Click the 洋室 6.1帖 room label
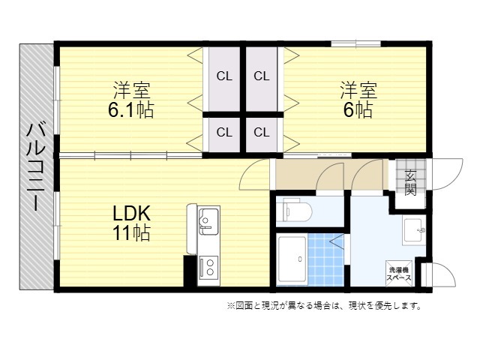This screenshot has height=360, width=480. tap(131, 100)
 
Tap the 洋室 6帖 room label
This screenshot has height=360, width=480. tap(358, 100)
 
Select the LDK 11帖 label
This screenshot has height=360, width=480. tap(132, 223)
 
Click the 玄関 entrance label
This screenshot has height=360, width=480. tap(410, 182)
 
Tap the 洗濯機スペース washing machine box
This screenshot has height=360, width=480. tap(399, 274)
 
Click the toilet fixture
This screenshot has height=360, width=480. tap(294, 211)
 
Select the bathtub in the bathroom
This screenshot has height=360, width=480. tap(292, 259)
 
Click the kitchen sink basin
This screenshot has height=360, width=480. tap(208, 221)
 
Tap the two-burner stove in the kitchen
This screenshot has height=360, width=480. tap(208, 267)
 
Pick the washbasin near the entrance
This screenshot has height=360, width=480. tap(414, 232)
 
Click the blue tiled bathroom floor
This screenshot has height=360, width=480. tap(325, 259)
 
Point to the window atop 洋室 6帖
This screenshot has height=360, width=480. tap(356, 43)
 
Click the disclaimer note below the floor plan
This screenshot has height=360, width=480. tap(324, 305)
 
